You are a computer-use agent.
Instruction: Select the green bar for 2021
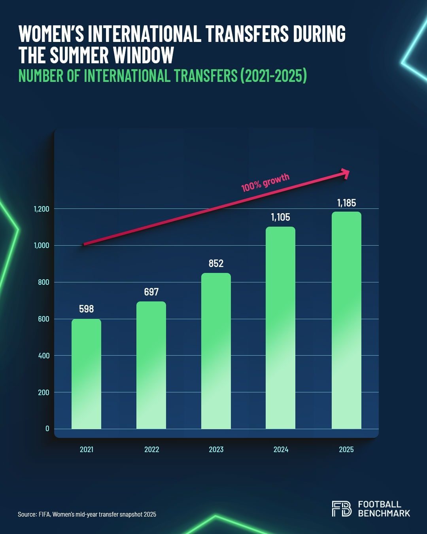pos(86,374)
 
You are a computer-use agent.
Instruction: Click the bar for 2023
pos(216,351)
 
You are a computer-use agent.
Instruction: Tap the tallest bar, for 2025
pos(346,320)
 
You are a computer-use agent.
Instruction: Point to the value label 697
pos(151,292)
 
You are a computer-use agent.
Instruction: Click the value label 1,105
pos(280,217)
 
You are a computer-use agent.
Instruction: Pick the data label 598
pos(86,309)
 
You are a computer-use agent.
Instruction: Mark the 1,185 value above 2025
pos(346,203)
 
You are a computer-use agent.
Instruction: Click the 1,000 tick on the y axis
pos(41,245)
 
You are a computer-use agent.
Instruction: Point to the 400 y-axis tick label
pos(43,356)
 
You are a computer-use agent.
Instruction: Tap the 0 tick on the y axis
pos(47,428)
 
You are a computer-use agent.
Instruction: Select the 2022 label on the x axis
pos(151,449)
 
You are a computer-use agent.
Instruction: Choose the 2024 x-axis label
pos(281,449)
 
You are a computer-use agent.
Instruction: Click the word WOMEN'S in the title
pos(51,34)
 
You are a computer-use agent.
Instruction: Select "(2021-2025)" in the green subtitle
pos(273,76)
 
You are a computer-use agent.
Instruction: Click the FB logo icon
pos(341,509)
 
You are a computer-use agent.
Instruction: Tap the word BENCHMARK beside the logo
pos(384,513)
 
